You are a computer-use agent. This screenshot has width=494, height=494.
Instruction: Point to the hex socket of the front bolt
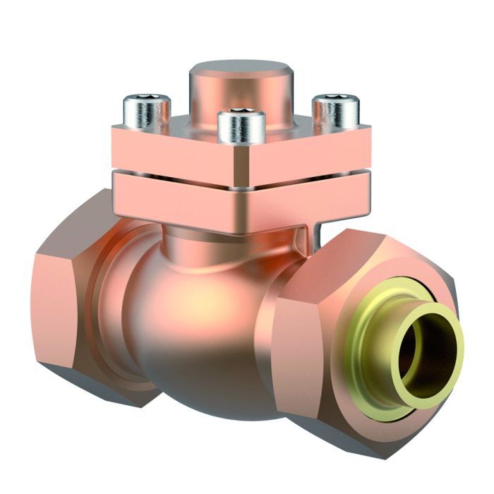point(241,112)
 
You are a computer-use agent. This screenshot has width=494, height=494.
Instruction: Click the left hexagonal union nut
point(67,296)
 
